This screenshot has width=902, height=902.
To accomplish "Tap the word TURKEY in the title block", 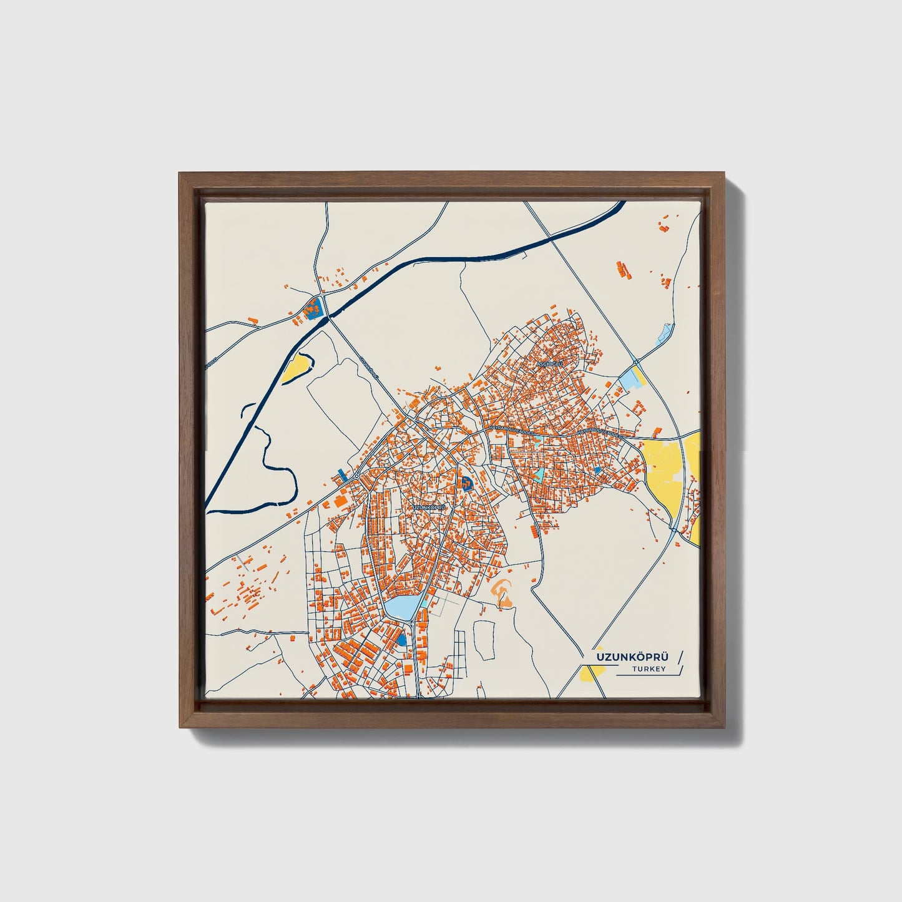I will (649, 669).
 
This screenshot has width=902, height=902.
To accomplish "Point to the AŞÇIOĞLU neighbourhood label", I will (550, 363).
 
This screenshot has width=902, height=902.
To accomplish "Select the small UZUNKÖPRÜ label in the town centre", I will (431, 507).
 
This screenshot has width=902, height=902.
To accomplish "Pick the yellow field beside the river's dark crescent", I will (295, 370).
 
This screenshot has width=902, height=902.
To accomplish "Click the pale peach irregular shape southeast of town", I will (503, 592).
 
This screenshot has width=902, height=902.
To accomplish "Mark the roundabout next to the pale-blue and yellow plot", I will (635, 362).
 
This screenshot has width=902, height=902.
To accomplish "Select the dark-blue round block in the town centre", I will (467, 482).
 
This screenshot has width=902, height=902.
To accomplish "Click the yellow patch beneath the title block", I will (591, 674).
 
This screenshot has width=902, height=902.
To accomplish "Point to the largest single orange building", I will (341, 501).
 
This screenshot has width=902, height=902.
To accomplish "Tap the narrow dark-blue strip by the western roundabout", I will (341, 474).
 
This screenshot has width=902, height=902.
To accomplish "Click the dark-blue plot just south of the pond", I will (401, 640).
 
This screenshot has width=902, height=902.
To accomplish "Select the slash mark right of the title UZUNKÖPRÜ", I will (680, 657).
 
